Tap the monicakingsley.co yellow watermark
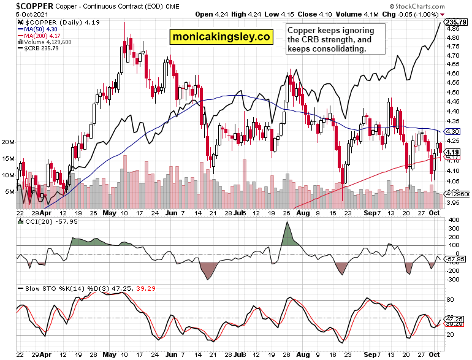(221, 36)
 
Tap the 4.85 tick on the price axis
(452, 29)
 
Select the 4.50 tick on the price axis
(452, 93)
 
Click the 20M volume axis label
(8, 142)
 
